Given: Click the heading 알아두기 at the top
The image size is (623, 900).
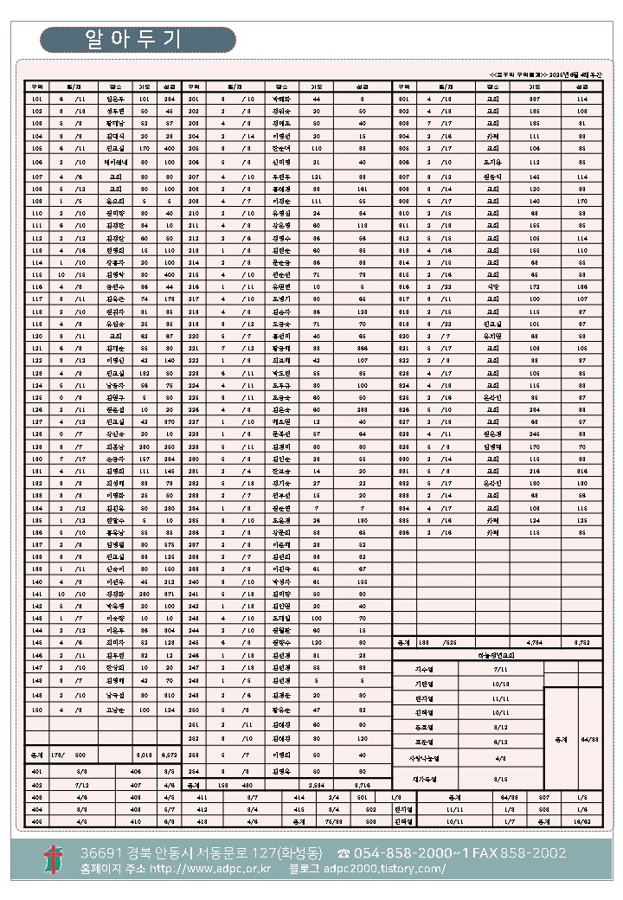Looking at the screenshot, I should click(138, 40).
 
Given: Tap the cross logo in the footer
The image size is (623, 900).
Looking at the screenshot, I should click(54, 860).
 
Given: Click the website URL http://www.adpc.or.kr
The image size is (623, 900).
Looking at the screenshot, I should click(210, 868).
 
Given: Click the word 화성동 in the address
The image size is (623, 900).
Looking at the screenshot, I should click(293, 853).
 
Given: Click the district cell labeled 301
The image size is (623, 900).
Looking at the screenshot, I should click(403, 100).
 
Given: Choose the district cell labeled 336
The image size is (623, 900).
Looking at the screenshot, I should click(403, 534).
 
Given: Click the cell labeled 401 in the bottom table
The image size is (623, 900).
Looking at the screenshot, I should click(37, 771).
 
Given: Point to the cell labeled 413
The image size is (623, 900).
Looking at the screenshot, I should click(202, 820).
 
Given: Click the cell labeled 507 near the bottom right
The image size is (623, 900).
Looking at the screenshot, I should click(544, 795).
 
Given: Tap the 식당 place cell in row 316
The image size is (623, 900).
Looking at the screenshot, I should click(491, 286).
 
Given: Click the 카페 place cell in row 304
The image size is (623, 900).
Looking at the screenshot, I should click(491, 137).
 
